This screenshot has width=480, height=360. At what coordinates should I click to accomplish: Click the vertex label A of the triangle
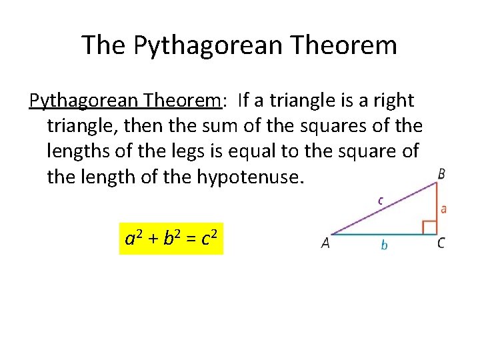tap(325, 244)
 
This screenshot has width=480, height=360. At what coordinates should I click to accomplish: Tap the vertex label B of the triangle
tap(441, 174)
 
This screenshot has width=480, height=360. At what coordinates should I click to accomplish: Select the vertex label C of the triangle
tap(441, 244)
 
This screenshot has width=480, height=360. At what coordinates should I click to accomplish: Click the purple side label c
tap(381, 199)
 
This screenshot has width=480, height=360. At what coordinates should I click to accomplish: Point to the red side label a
tap(444, 209)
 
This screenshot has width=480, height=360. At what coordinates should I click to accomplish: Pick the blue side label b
tap(384, 245)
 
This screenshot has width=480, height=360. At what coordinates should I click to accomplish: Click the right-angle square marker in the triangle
tap(429, 227)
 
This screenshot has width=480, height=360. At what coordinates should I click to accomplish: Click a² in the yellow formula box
tap(135, 238)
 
